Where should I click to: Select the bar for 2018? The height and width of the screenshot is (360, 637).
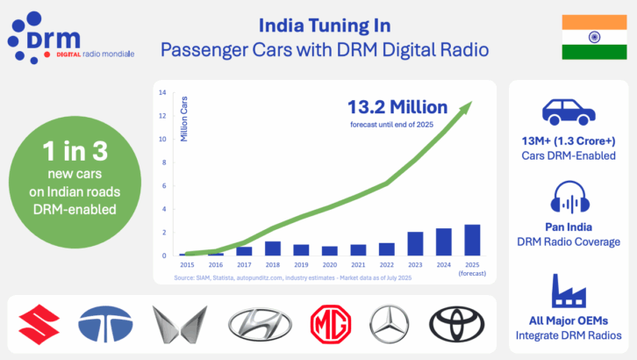click(272, 248)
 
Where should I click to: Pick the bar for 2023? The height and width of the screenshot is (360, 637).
click(415, 244)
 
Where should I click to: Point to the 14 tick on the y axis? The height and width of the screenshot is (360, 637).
click(162, 93)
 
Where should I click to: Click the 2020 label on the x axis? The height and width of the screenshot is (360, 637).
click(329, 263)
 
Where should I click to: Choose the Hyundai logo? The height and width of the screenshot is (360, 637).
click(255, 326)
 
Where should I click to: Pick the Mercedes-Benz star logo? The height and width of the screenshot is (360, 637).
click(390, 325)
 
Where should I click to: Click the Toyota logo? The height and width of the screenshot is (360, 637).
click(455, 325)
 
